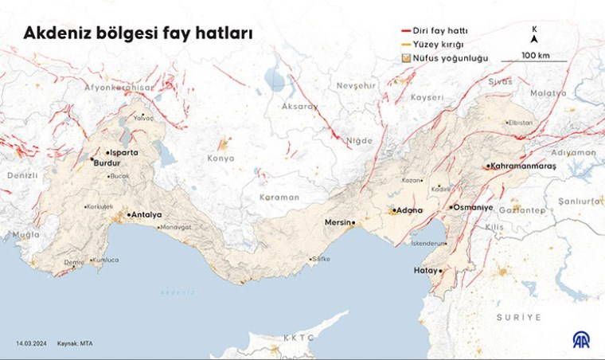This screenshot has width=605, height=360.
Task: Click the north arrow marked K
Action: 534,35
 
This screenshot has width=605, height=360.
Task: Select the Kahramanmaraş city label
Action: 524,166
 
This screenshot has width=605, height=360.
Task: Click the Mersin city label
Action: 338,222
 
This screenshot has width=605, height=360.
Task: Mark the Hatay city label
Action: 426,271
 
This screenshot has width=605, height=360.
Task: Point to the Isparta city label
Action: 127,151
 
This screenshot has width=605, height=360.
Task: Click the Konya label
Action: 220,158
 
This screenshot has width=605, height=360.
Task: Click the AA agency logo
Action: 582,338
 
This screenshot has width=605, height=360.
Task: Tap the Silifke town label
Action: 319,259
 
